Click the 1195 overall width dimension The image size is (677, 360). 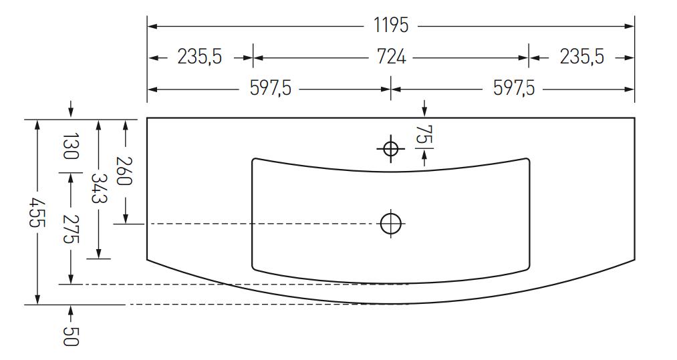(x=391, y=25)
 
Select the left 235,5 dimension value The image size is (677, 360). (x=199, y=57)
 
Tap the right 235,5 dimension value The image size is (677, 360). (x=582, y=57)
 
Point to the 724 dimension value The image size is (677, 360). (x=391, y=57)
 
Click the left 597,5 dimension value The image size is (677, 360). (x=271, y=88)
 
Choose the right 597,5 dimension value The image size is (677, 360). (x=514, y=88)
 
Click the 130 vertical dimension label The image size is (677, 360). (x=71, y=146)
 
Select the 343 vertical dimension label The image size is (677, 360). (x=99, y=188)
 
